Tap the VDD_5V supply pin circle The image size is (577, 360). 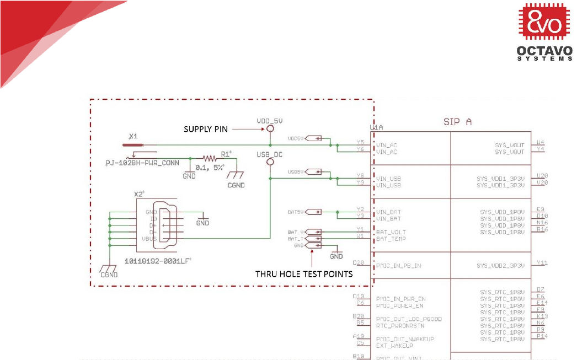coord(270,129)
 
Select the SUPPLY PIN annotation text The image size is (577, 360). coord(205,129)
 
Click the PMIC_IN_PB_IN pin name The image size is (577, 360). coord(398,266)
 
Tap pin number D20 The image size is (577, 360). coord(359,262)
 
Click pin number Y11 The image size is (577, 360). coord(542,262)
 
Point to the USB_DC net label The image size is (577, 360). coord(270,155)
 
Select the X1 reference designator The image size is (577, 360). coord(132,136)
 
